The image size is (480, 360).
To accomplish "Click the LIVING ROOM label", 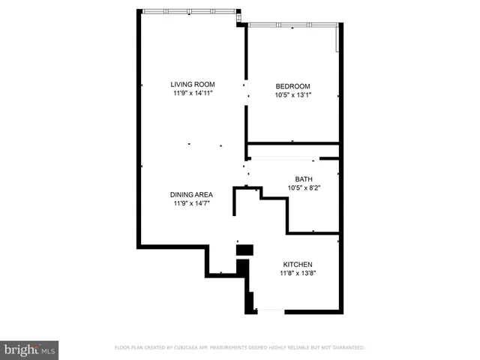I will (x=193, y=85).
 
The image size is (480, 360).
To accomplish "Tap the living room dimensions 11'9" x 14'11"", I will (x=193, y=94).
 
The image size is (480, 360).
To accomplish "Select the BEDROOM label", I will (x=292, y=86).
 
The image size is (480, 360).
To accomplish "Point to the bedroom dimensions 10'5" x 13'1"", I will (x=292, y=95).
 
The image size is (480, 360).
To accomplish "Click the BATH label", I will (x=304, y=179).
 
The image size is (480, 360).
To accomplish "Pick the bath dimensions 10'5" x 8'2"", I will (x=304, y=188).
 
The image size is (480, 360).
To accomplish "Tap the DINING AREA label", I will (x=190, y=194).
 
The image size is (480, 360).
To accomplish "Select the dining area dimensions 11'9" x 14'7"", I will (x=190, y=203).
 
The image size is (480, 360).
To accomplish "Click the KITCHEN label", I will (x=298, y=265).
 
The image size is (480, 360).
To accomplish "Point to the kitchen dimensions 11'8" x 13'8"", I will (x=298, y=274).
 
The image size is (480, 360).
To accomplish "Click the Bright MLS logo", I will (x=29, y=349).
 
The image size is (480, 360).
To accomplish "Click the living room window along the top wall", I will (x=189, y=11).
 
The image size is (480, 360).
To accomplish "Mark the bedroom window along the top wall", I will (x=292, y=25).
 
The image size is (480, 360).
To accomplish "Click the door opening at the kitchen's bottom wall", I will (x=269, y=310).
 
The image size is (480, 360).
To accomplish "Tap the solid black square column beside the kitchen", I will (x=245, y=250).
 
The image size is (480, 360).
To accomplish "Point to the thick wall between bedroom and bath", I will (x=292, y=142).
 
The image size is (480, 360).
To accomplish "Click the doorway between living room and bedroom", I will (x=246, y=90).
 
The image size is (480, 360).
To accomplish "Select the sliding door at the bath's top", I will (x=283, y=158).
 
